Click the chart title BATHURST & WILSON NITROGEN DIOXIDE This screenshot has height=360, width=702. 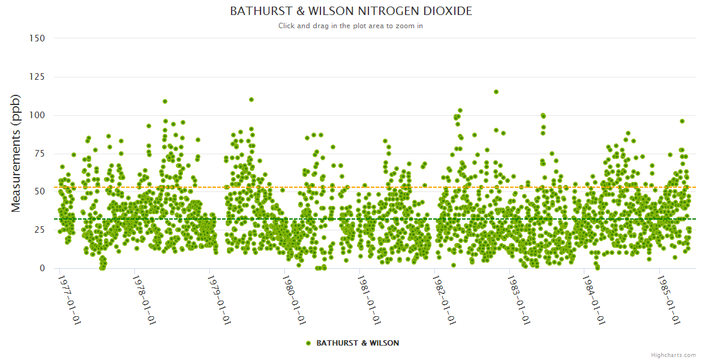click(351, 11)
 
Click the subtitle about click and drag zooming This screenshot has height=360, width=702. click(351, 26)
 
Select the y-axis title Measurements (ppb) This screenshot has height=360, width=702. click(16, 153)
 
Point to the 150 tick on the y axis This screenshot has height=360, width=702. click(37, 38)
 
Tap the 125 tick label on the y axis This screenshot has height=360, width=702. click(37, 77)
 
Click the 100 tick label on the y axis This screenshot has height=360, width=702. click(37, 115)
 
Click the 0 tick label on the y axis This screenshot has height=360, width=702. click(42, 268)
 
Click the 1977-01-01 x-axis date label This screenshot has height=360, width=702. click(69, 300)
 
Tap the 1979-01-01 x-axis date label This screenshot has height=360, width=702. click(219, 300)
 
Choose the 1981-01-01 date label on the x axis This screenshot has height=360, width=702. click(369, 300)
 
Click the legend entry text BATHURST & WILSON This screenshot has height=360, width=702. click(358, 343)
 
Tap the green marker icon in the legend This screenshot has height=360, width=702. click(308, 343)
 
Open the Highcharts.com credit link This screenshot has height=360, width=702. click(673, 355)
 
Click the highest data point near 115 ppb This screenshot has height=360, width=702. click(496, 92)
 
